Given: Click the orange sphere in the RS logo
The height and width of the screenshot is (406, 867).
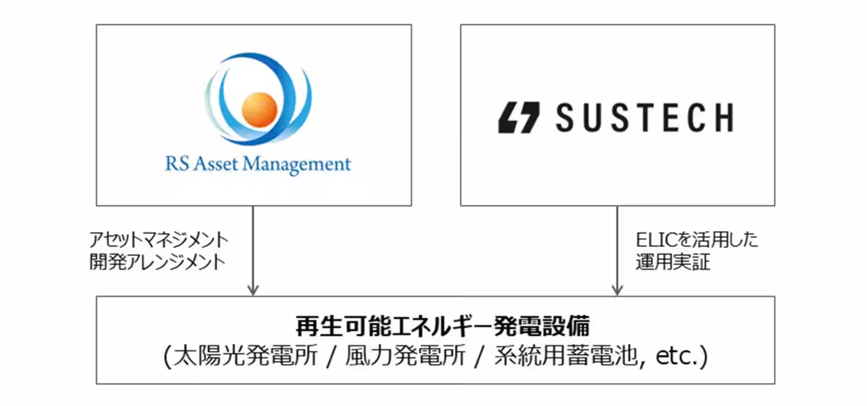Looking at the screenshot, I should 259,108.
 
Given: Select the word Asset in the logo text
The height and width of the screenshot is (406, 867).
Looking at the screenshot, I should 215,164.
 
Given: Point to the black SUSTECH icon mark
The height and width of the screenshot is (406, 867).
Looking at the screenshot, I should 519,117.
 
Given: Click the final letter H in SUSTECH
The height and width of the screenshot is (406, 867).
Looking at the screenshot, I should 721,117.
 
